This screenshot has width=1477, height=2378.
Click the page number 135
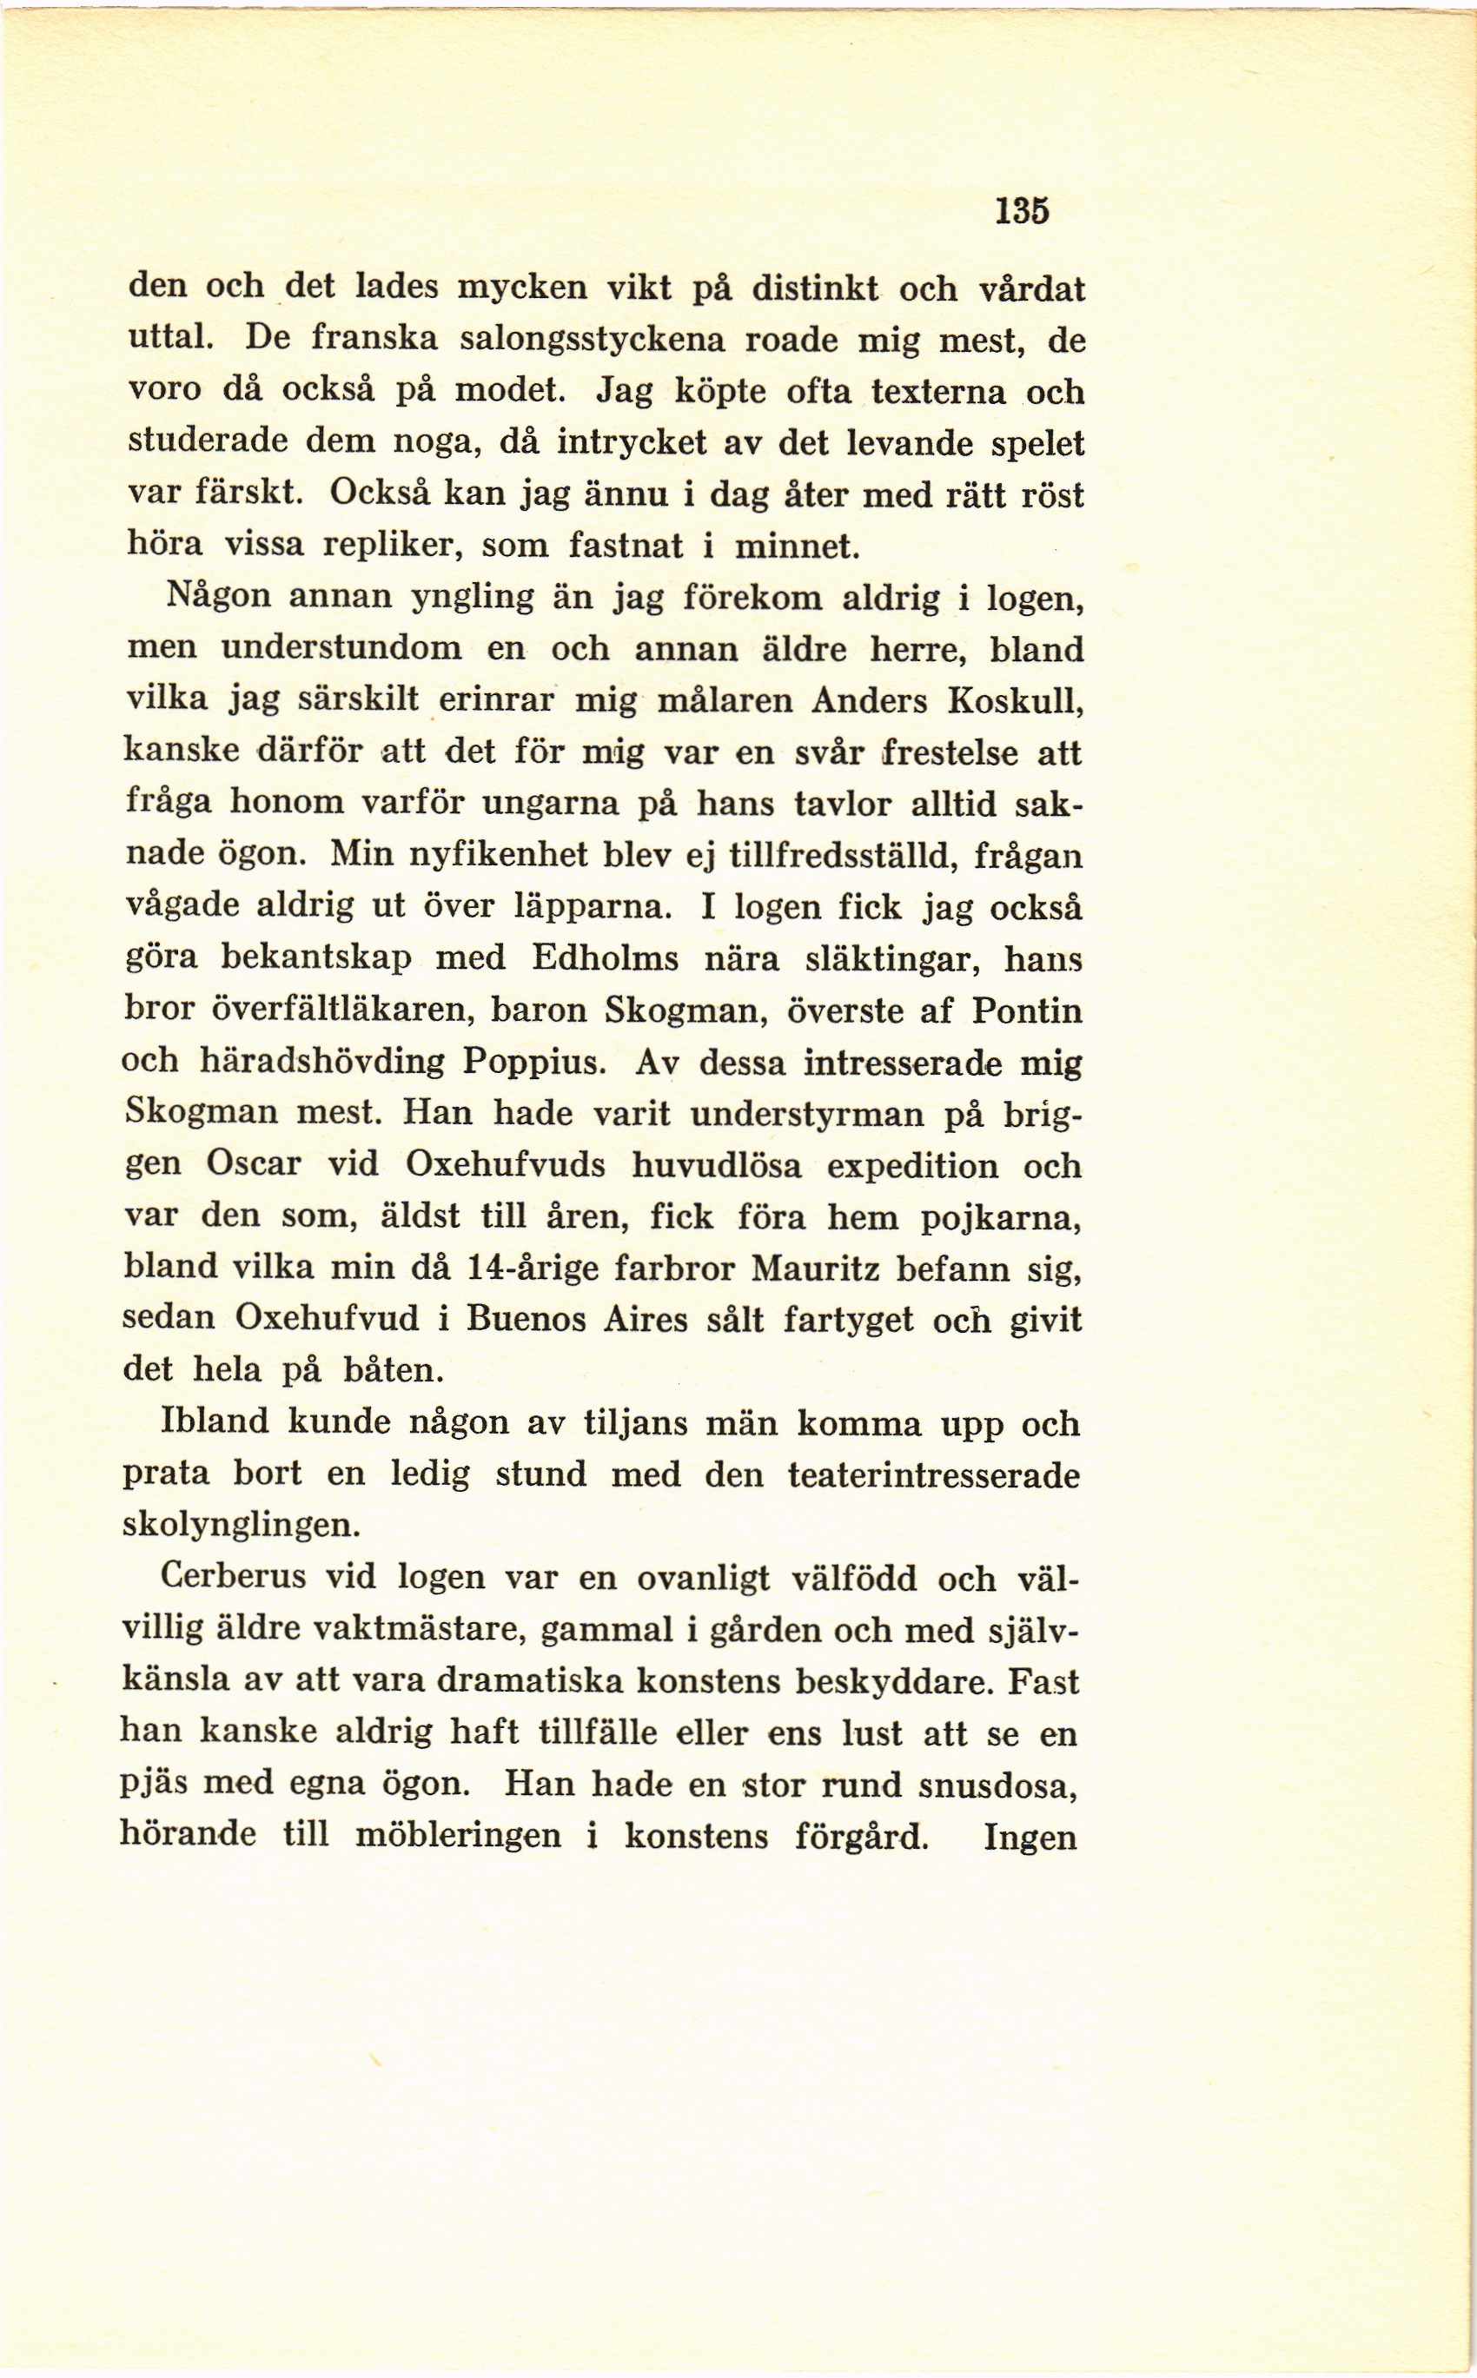[x=1022, y=210]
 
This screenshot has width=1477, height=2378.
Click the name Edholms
[x=605, y=957]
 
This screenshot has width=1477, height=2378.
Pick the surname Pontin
[x=1027, y=1009]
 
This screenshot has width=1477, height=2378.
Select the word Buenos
[x=526, y=1317]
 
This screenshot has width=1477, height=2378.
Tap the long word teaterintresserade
[x=933, y=1473]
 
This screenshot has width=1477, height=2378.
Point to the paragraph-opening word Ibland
[x=215, y=1421]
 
